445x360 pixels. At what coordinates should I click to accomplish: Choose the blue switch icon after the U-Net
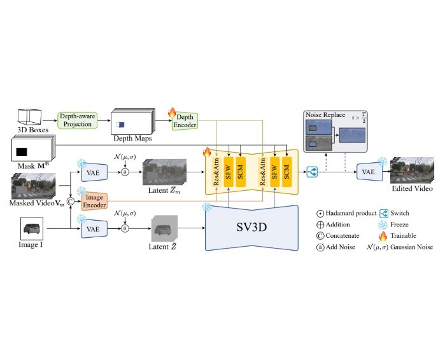point(313,171)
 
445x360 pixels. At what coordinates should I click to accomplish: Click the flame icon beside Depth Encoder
point(171,113)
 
